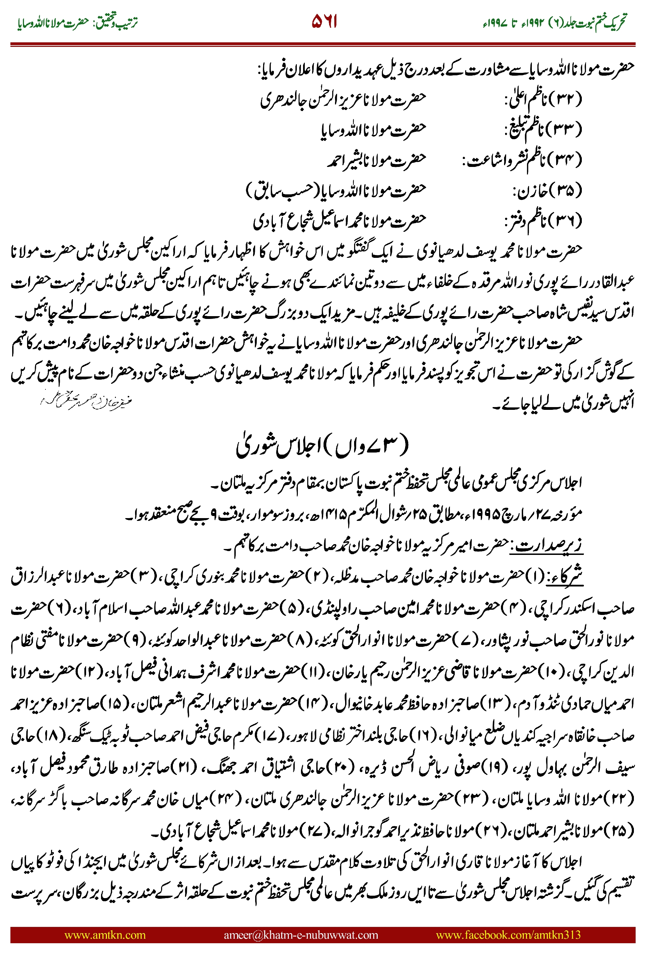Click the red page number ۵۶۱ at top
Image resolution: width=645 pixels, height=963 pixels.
(324, 22)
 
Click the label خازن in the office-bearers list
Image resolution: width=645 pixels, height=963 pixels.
(530, 191)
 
